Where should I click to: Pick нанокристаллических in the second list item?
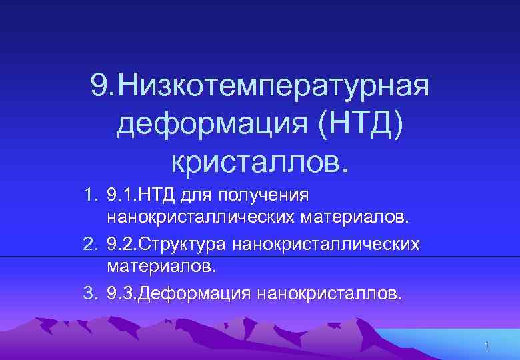coord(327,245)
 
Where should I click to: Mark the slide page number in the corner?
coord(487,345)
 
